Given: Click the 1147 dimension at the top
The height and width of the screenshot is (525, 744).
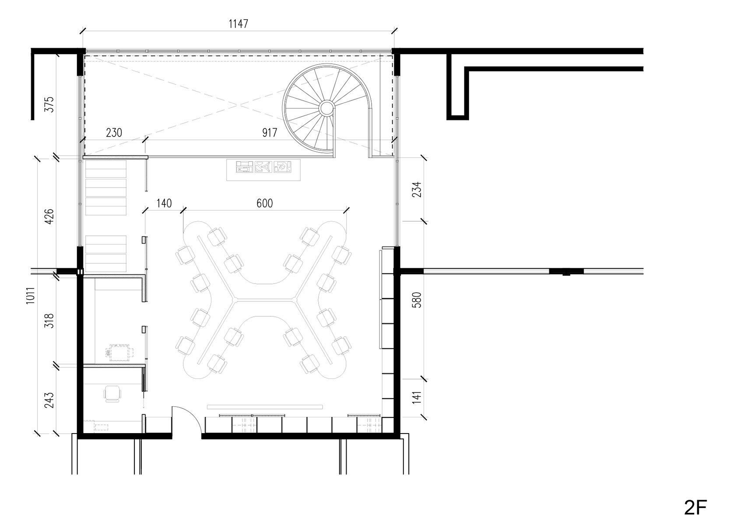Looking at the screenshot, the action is (x=238, y=24).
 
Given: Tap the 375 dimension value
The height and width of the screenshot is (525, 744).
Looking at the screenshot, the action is (x=49, y=104).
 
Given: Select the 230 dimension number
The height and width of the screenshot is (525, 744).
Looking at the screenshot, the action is (x=114, y=133).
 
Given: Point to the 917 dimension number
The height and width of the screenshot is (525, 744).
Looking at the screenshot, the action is (x=269, y=133).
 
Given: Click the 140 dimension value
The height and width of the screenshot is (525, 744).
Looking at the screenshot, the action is (x=164, y=203).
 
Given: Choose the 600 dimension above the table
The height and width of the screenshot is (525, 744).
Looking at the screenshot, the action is (x=264, y=203).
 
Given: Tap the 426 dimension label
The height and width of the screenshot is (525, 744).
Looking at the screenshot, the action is (x=49, y=217).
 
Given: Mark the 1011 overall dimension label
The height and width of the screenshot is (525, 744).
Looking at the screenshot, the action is (x=30, y=296).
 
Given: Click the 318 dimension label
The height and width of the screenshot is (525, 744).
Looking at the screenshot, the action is (x=49, y=321).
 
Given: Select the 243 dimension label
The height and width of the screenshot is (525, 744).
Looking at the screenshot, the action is (x=49, y=400).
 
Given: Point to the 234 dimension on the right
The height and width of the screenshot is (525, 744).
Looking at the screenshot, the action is (x=417, y=189).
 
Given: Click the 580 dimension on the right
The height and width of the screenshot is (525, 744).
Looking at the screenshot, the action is (x=417, y=300).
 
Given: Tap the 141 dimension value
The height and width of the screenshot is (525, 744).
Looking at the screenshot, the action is (x=417, y=398).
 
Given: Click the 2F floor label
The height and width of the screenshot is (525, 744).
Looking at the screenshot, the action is (x=695, y=507).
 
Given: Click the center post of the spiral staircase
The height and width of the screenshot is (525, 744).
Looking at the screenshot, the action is (x=326, y=108).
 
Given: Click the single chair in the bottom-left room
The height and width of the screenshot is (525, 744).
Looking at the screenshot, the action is (x=112, y=394).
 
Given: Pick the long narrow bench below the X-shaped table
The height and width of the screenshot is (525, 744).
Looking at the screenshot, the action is (x=265, y=407).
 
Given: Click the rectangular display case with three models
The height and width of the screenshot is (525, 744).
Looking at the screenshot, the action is (x=263, y=170).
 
